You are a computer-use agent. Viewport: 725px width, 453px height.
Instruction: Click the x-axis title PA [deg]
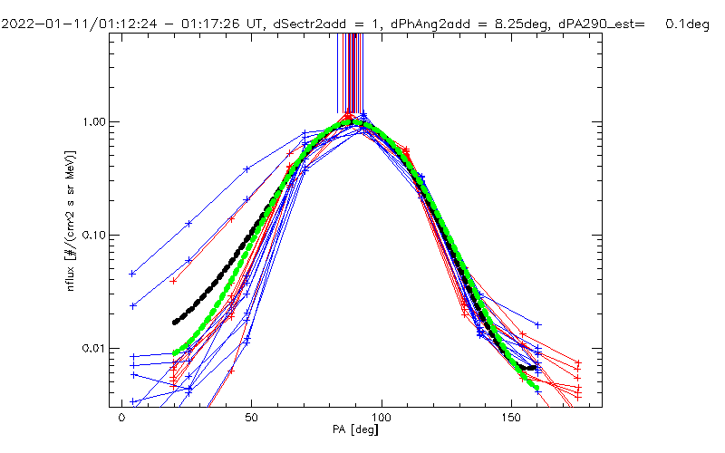355,429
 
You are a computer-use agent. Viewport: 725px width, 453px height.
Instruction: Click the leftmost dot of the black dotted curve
175,322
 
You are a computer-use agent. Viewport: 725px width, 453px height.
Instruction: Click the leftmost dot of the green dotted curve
175,352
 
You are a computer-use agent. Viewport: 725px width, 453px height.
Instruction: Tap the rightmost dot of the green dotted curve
537,388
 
